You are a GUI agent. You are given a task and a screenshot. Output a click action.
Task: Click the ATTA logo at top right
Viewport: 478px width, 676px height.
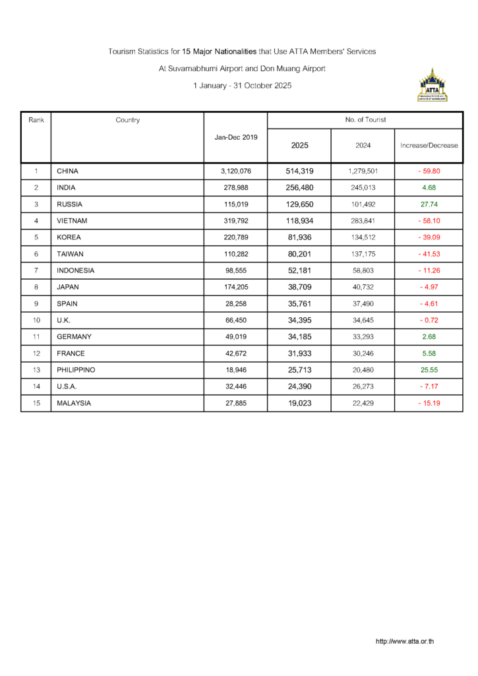[x=433, y=85]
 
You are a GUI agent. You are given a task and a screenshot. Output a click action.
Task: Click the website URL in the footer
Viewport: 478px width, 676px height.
[x=405, y=641]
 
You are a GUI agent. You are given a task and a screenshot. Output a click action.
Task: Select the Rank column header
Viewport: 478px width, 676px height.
[x=36, y=120]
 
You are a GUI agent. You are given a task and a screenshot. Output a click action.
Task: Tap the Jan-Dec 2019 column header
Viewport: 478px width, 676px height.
[x=235, y=137]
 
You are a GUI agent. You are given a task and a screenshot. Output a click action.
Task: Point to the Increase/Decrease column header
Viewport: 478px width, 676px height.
[x=429, y=145]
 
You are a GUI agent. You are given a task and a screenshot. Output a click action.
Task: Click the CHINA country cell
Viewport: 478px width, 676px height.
[x=68, y=171]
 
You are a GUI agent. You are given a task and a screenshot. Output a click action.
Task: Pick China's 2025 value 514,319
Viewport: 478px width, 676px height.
[x=299, y=171]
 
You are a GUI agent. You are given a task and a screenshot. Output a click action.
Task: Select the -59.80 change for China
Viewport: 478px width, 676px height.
[x=429, y=171]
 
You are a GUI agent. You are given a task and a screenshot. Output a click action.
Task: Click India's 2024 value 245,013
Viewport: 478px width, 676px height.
[x=363, y=187]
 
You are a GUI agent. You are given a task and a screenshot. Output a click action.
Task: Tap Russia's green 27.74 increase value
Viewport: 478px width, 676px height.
[x=429, y=204]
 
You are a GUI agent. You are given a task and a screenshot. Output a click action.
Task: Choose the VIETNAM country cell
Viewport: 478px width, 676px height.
[x=72, y=221]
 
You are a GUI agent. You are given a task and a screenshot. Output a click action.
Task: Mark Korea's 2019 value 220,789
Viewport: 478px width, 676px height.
[x=235, y=237]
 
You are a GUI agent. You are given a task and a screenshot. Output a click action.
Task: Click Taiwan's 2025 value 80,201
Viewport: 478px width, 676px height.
[x=299, y=254]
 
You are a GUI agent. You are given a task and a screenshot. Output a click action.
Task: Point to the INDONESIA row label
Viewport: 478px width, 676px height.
[x=76, y=270]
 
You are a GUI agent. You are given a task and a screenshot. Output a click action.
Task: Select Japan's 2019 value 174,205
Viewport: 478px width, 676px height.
[x=235, y=287]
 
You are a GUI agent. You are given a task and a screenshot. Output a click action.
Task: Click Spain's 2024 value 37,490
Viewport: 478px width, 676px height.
[x=363, y=303]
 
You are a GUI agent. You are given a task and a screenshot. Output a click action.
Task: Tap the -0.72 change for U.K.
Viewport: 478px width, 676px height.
[x=429, y=320]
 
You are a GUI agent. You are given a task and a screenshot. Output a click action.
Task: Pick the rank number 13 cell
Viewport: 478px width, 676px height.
[x=36, y=370]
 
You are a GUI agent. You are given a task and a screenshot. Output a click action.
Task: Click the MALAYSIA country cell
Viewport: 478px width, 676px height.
[x=74, y=403]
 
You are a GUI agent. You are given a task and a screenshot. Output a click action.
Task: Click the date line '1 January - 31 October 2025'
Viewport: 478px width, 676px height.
[x=242, y=86]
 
